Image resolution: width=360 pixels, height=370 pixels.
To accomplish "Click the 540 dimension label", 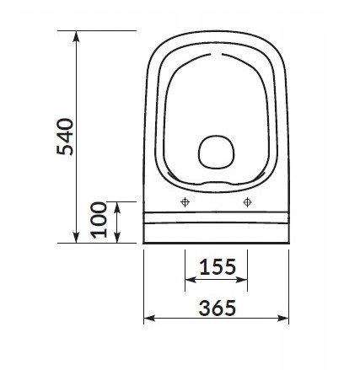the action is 65,137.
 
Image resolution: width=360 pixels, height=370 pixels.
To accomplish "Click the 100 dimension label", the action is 99,220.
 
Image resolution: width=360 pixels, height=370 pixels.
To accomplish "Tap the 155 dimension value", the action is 218,266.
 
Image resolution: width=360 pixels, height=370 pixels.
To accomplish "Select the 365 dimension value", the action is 218,308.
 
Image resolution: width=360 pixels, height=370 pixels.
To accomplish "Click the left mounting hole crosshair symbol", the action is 185,201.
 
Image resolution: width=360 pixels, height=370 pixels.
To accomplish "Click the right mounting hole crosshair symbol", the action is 247,201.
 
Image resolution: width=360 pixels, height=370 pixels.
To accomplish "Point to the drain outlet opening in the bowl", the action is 217,152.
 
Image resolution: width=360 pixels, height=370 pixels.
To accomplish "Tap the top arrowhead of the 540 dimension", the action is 76,36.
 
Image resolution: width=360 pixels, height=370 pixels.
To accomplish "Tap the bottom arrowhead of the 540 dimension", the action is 76,237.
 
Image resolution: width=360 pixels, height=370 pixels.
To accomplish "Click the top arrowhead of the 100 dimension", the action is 117,207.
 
